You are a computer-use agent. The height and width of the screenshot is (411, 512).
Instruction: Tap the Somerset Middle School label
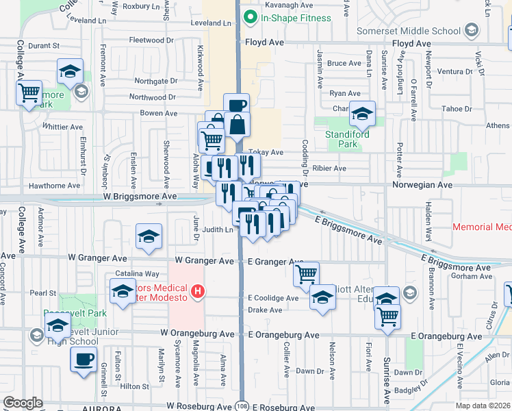[x=413, y=30]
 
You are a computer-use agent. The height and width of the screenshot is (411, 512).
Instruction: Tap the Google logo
[x=23, y=403]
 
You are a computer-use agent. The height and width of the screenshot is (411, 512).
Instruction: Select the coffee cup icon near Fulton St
[x=84, y=359]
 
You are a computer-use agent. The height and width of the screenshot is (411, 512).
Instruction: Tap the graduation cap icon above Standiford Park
[x=362, y=113]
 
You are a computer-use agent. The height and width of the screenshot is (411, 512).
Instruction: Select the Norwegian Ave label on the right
[x=422, y=185]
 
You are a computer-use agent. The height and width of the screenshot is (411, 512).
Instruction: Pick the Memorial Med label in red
[x=482, y=227]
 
